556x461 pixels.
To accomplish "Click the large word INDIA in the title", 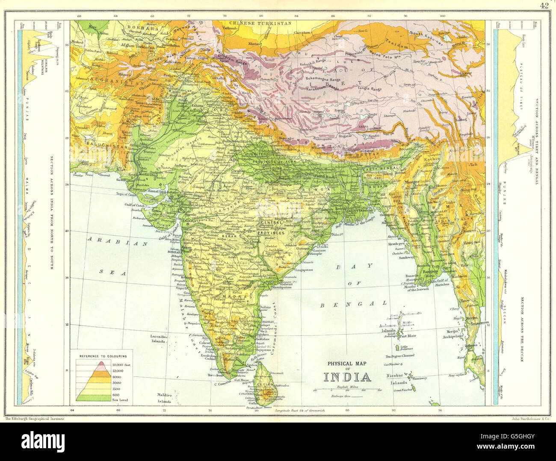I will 347,377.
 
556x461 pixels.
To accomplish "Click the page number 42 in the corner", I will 544,5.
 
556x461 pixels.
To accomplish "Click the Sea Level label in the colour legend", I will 120,400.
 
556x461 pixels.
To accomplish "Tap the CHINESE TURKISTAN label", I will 260,23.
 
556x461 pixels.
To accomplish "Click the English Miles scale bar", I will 347,390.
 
